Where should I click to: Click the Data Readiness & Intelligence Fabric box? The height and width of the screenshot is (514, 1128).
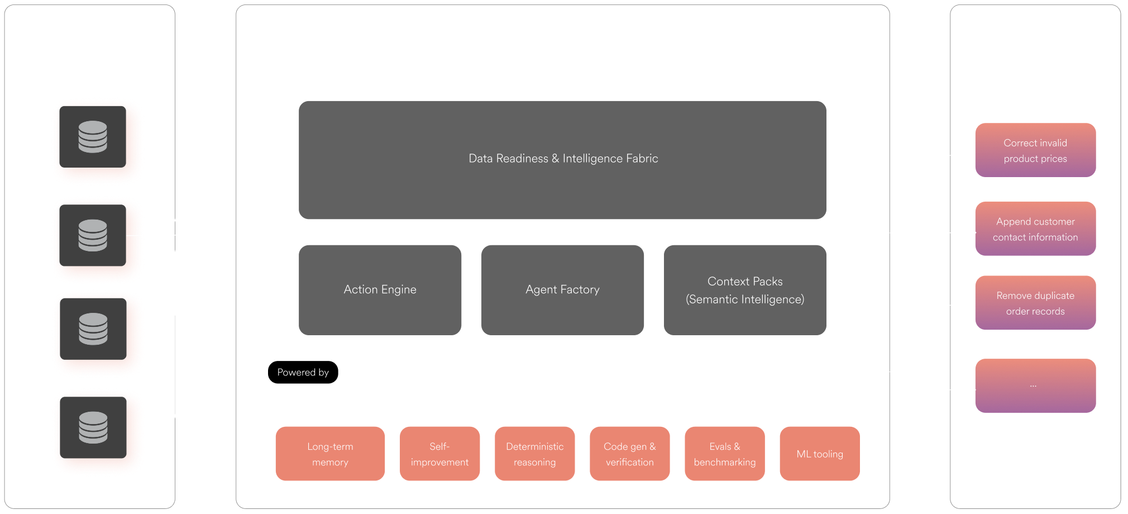click(562, 160)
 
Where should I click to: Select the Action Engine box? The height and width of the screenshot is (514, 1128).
click(380, 290)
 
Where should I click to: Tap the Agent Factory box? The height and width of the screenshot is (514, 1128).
click(562, 290)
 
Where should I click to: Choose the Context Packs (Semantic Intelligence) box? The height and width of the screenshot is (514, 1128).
click(745, 290)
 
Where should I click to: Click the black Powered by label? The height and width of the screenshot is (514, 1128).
click(303, 372)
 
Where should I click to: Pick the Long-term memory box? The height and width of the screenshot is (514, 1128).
click(330, 454)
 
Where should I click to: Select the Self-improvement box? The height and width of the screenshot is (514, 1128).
click(439, 454)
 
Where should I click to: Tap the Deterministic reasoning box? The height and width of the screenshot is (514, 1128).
click(534, 454)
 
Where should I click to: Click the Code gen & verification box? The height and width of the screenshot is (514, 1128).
click(629, 454)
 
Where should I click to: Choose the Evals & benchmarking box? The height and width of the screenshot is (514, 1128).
click(725, 454)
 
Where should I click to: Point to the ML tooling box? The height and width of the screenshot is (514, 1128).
click(820, 454)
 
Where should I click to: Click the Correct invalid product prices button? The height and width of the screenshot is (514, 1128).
click(1035, 150)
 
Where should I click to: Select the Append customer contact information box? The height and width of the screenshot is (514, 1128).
click(1035, 229)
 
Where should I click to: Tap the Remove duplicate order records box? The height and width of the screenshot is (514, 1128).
click(1035, 303)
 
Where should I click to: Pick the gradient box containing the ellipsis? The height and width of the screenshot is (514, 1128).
click(1035, 385)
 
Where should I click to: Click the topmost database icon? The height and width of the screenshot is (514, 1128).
click(93, 137)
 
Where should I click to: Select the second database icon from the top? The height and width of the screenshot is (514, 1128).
click(93, 235)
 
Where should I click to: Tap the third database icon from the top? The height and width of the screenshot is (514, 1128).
click(93, 329)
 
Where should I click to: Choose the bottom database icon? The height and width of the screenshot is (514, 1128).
click(93, 427)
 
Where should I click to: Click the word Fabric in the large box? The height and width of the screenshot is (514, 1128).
click(642, 159)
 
